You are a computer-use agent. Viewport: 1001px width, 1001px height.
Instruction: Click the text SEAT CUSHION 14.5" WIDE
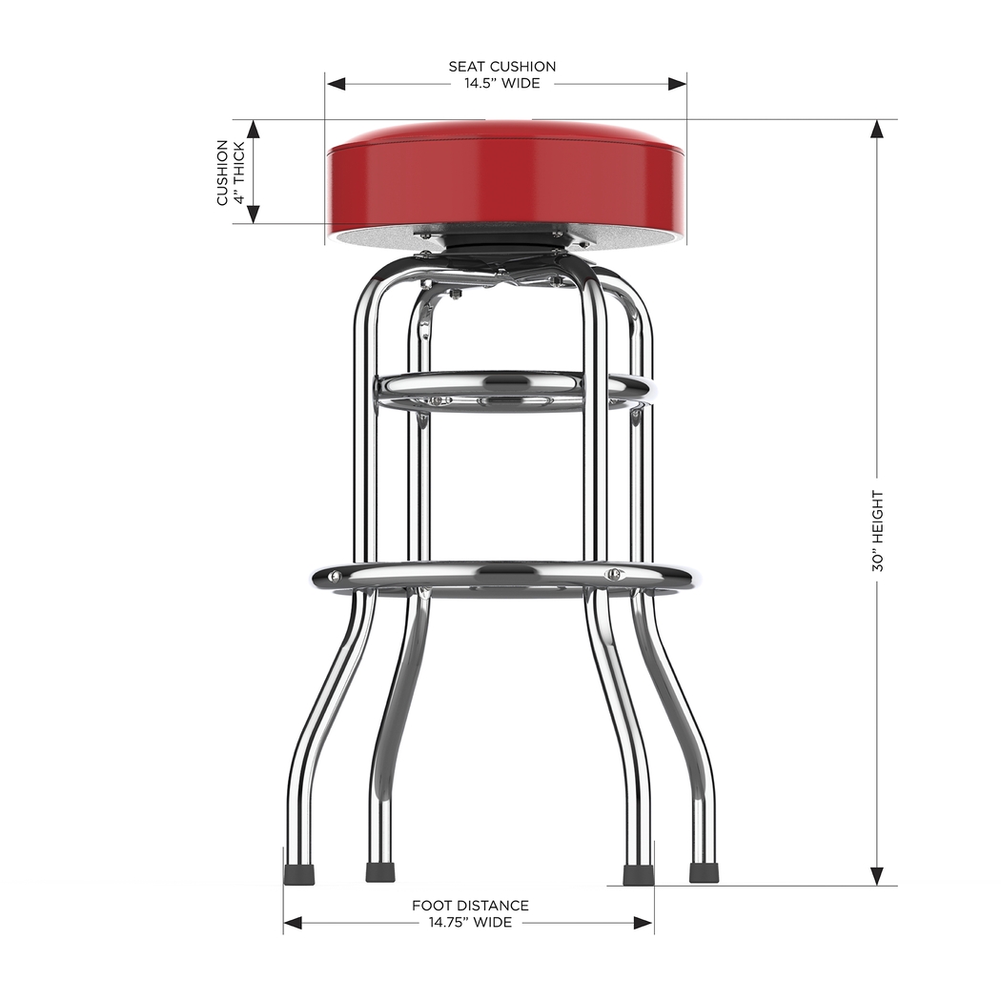pos(502,74)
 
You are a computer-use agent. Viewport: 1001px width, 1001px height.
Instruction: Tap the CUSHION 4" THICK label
pos(230,172)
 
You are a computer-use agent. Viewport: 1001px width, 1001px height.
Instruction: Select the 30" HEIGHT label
pos(877,531)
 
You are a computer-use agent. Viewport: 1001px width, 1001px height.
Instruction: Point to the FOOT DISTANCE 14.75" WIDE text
pos(470,913)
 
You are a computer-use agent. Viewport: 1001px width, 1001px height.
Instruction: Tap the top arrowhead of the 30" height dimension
pos(877,130)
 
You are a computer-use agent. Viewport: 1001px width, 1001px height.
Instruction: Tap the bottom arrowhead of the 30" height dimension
pos(877,875)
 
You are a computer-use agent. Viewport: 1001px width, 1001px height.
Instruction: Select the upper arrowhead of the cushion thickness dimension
pos(254,130)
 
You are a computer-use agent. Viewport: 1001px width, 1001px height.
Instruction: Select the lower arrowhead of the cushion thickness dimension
pos(254,214)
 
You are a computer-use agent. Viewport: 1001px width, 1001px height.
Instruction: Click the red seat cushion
pos(505,181)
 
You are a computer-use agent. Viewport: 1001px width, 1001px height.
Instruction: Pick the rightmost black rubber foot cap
pos(704,873)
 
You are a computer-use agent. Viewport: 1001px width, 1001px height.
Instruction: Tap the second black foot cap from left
pos(380,873)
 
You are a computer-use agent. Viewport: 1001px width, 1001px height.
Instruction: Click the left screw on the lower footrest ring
pos(335,575)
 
